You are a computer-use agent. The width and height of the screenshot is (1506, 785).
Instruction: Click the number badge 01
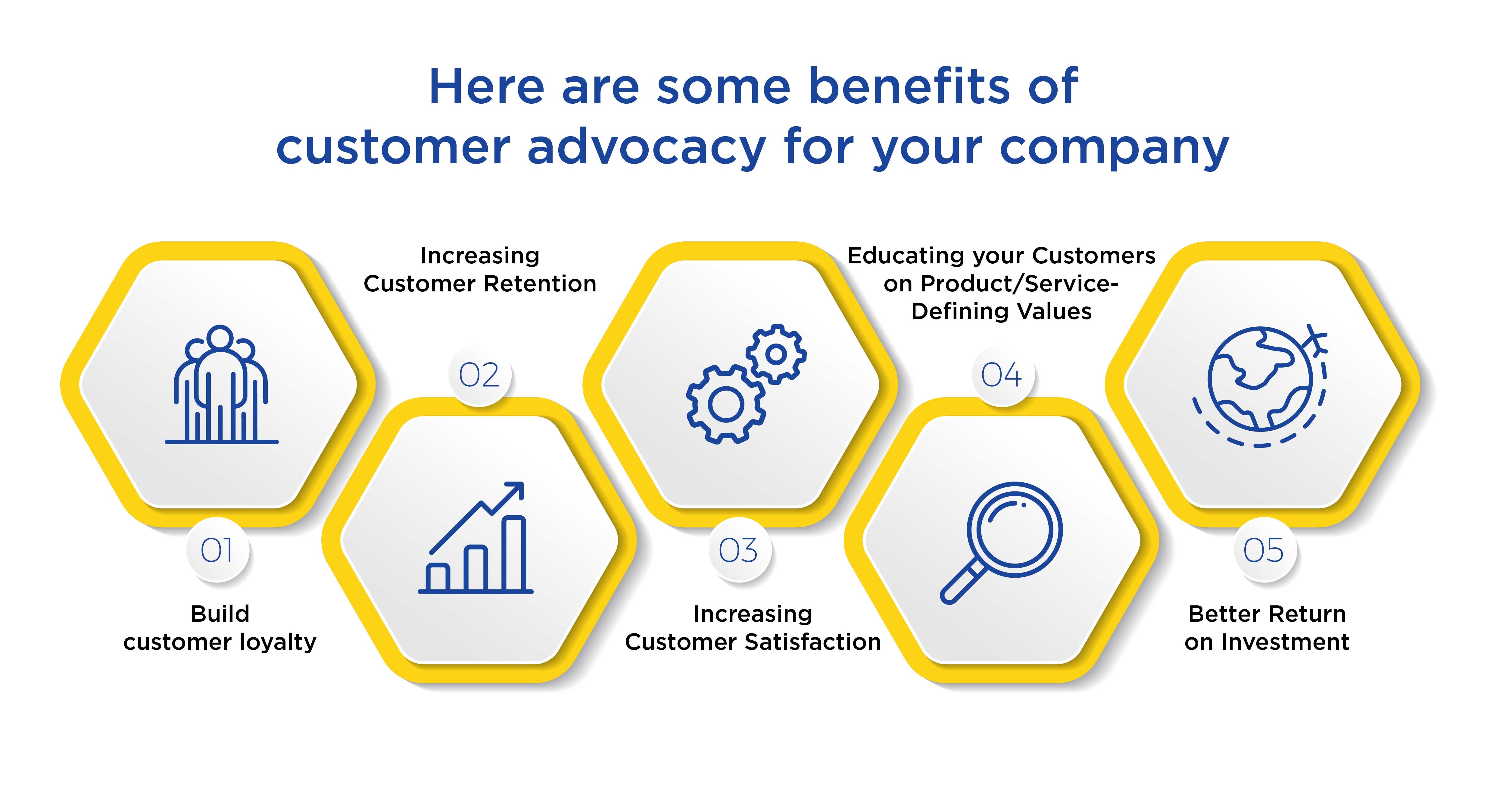[217, 550]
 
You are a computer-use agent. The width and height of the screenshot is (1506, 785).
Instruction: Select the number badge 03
[738, 550]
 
